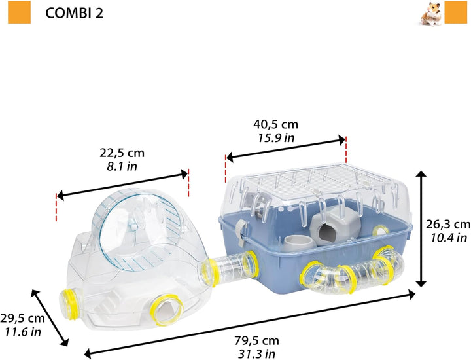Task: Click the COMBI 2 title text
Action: pyautogui.click(x=74, y=13)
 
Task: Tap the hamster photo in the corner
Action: pyautogui.click(x=430, y=14)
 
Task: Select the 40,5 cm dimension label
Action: pyautogui.click(x=276, y=124)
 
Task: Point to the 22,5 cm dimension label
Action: pyautogui.click(x=122, y=153)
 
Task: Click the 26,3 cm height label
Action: pyautogui.click(x=448, y=224)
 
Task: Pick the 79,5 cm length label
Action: pyautogui.click(x=257, y=341)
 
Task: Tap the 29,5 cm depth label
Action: pyautogui.click(x=22, y=318)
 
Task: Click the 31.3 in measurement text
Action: pyautogui.click(x=257, y=354)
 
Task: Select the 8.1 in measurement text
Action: pyautogui.click(x=122, y=166)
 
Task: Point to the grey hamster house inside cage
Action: pyautogui.click(x=335, y=224)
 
